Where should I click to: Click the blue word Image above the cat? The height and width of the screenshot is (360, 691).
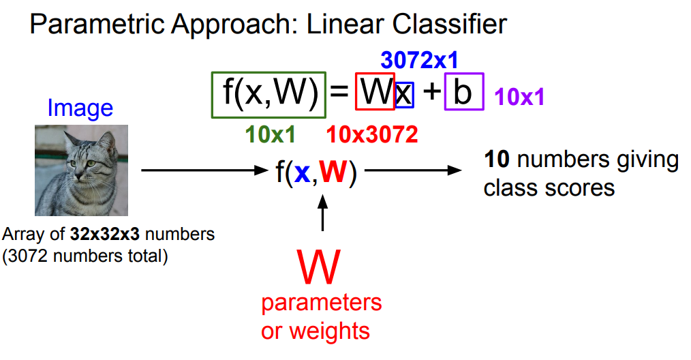[x=80, y=108]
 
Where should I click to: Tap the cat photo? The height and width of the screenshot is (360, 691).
[x=81, y=170]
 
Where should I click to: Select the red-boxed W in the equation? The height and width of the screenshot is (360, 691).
[x=375, y=92]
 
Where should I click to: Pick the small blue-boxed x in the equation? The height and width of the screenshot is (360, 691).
[x=404, y=94]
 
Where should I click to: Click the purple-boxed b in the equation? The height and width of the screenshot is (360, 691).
[x=463, y=92]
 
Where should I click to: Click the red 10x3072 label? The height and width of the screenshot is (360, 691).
[x=372, y=135]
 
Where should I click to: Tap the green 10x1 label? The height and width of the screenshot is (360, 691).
[x=271, y=135]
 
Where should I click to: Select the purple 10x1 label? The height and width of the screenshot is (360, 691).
[x=520, y=97]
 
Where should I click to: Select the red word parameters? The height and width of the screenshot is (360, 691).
[x=322, y=302]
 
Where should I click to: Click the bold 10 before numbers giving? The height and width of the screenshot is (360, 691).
[x=497, y=160]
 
